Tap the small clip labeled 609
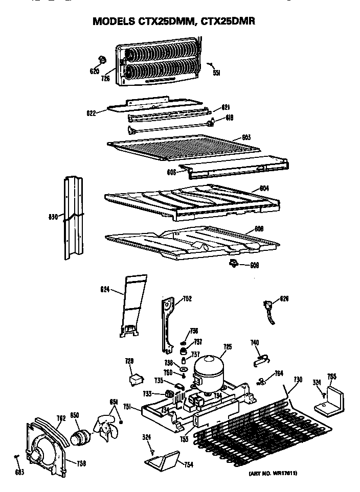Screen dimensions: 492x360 234,263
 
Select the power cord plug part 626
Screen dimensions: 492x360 268,310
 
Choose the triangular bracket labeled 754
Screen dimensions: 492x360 162,461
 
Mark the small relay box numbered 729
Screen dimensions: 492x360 135,380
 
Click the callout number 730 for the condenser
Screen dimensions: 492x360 298,380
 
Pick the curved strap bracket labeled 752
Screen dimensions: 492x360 168,322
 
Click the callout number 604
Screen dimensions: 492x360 264,188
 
